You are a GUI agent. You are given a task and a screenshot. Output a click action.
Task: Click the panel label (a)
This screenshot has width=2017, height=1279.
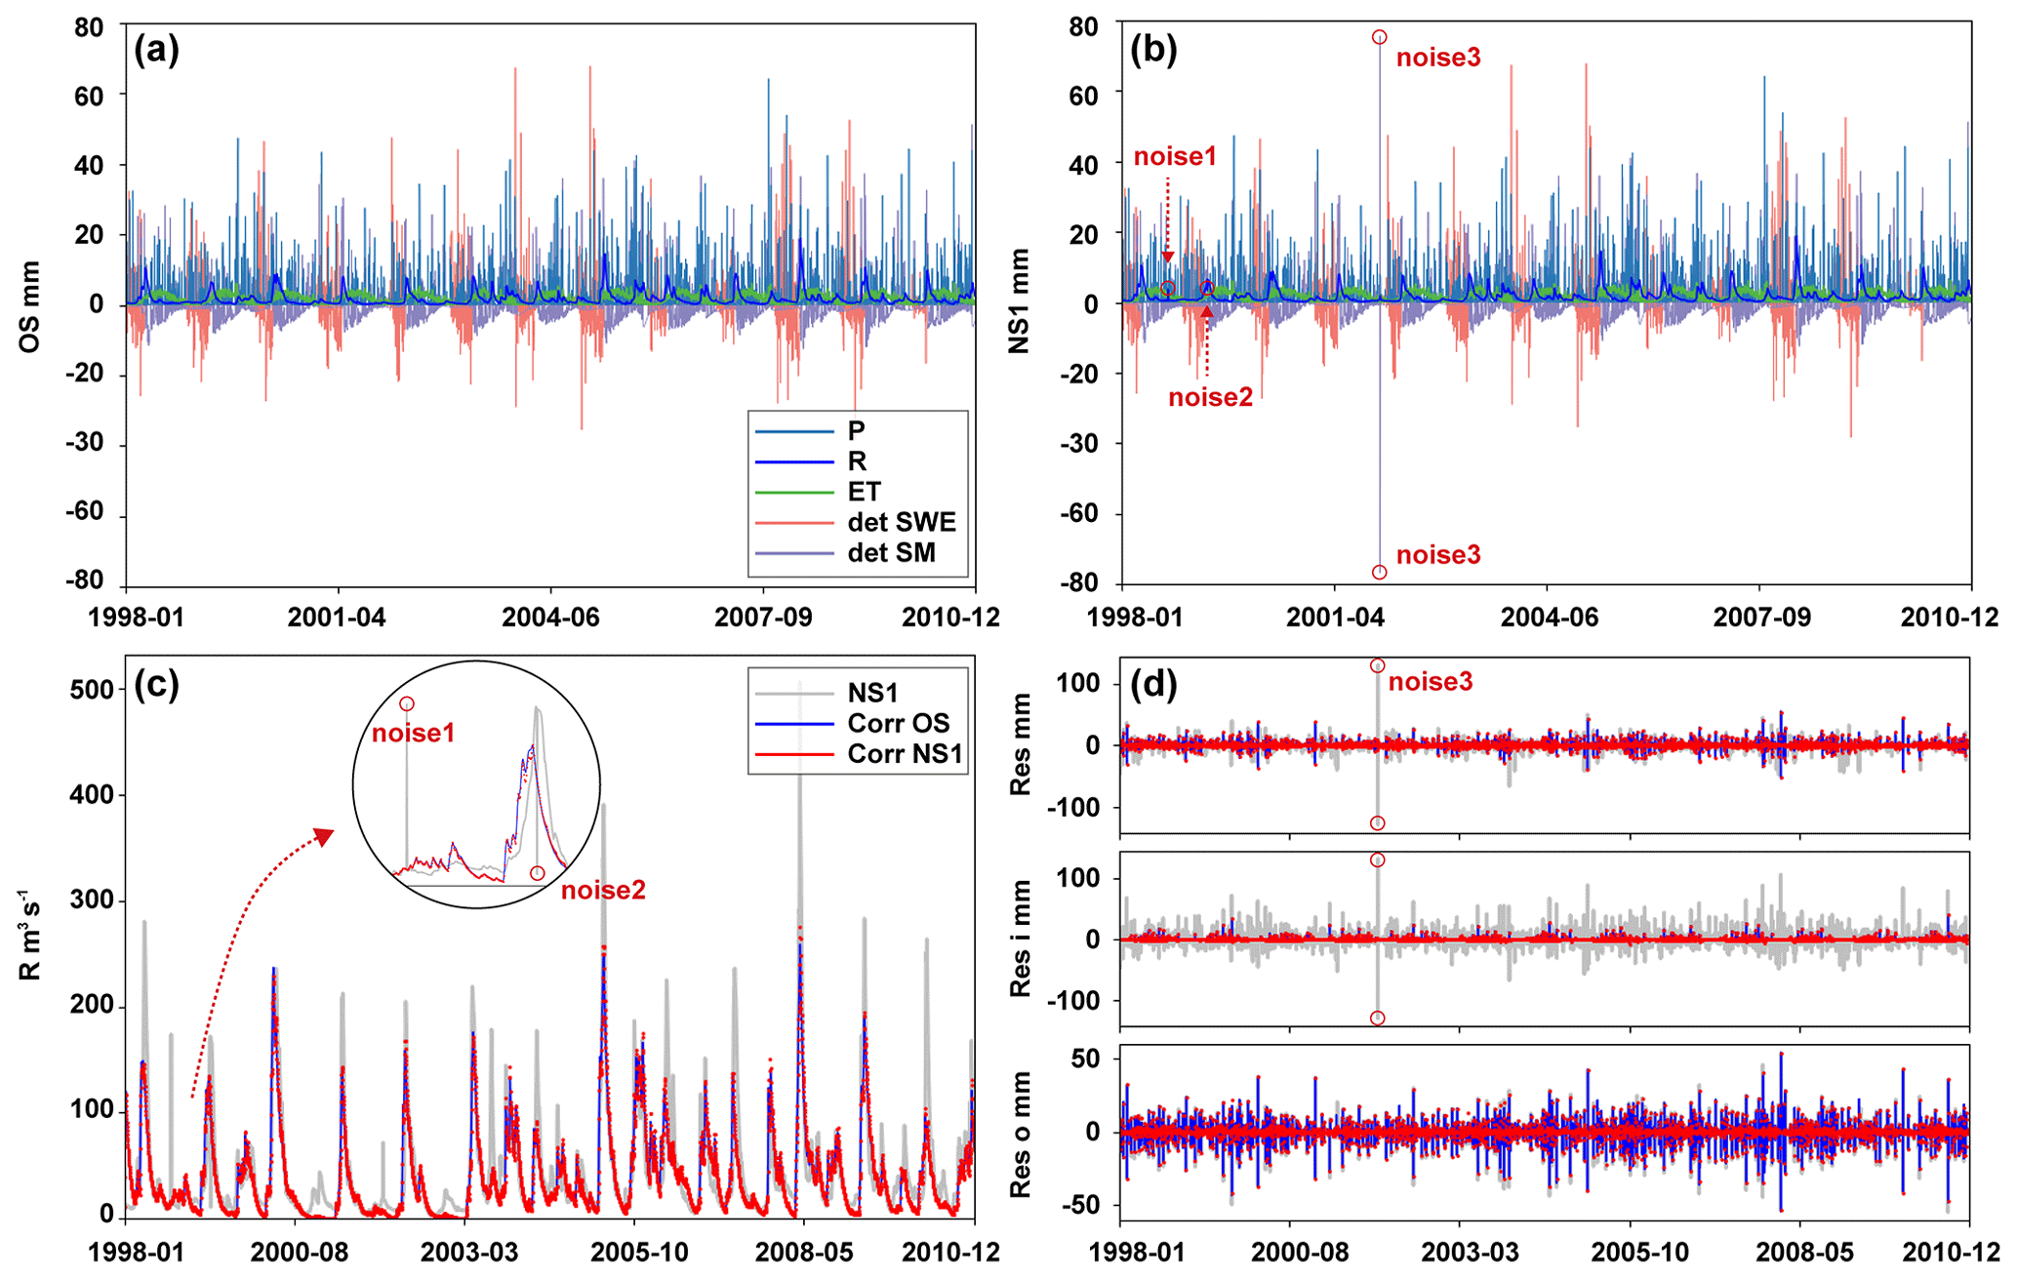coord(156,50)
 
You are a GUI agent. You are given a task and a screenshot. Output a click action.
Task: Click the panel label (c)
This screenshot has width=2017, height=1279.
coord(156,685)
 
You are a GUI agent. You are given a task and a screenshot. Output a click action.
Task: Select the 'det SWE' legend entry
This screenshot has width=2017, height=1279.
coord(901,522)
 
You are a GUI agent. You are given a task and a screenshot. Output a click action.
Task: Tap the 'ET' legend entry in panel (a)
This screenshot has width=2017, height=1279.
coord(864,492)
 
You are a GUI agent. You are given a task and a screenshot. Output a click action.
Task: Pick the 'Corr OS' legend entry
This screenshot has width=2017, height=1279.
coord(898,723)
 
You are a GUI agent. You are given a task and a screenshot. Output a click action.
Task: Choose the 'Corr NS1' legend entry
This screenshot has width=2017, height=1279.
coord(905,753)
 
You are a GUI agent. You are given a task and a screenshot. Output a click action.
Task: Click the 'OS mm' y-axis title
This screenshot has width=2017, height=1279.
coord(30,305)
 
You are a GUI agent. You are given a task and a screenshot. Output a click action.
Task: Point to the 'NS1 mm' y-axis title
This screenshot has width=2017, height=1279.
coord(1020,300)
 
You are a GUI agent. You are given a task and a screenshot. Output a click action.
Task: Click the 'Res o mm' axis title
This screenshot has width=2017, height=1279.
coord(1021,1135)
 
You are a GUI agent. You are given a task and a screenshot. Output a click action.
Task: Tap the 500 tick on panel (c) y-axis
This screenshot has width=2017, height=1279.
coord(94,690)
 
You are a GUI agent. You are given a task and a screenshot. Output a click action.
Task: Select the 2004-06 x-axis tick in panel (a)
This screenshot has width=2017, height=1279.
coord(551,617)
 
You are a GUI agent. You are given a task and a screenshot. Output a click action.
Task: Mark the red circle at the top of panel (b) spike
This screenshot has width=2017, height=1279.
coord(1379,37)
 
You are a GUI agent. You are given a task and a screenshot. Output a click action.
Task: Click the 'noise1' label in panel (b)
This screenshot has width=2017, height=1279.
coord(1175,156)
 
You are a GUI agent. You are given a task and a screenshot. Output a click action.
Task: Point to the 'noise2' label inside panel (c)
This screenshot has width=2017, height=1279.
coord(603,890)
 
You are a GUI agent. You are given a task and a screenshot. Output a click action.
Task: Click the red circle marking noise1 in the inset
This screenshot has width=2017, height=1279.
coord(407,703)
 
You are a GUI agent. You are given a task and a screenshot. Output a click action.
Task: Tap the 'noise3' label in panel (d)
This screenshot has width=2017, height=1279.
coord(1431,682)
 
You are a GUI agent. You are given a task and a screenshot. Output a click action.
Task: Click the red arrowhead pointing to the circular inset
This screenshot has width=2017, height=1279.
coord(323,837)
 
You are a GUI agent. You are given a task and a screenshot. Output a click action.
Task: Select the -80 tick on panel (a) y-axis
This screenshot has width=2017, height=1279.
coord(84,580)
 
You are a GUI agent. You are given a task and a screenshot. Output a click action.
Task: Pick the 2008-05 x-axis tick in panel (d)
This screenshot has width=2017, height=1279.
coord(1800,1253)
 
